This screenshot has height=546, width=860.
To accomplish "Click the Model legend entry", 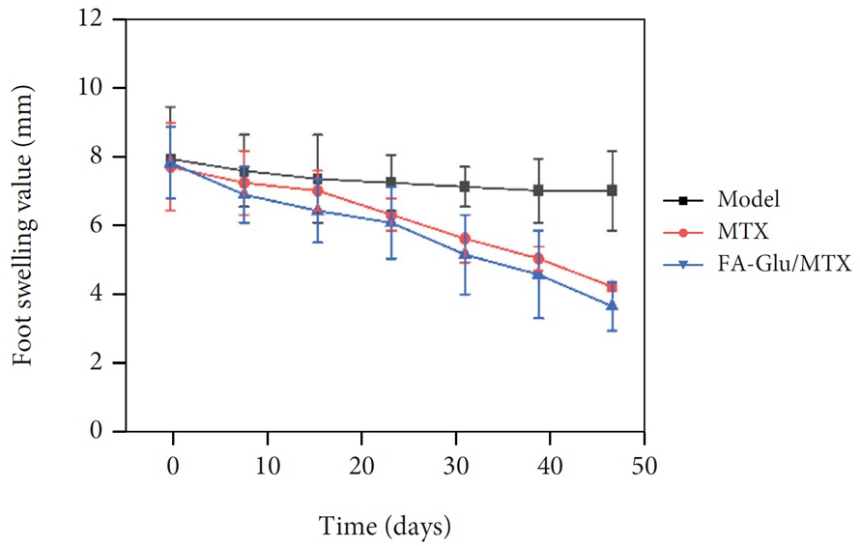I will click(x=749, y=200).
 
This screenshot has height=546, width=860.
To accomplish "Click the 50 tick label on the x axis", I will click(x=645, y=464).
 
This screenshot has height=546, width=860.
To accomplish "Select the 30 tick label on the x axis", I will click(x=456, y=464).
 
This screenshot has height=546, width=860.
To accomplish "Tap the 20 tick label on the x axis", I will click(x=361, y=464).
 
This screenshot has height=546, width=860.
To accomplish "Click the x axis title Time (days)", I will click(x=386, y=527).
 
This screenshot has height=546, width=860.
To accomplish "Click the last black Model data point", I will click(x=613, y=190).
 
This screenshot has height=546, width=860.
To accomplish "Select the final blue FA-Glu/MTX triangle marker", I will click(x=613, y=305).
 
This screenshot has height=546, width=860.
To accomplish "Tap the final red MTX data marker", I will click(x=613, y=287).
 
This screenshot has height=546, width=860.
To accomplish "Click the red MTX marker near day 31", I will click(x=465, y=238).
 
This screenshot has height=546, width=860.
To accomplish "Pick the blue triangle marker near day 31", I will click(x=465, y=254).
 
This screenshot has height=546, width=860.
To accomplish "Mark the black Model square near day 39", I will click(x=538, y=190).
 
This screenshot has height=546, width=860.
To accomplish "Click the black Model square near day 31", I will click(x=465, y=187).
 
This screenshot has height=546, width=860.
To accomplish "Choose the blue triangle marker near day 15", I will click(x=318, y=211).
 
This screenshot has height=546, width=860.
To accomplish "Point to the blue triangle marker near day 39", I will click(x=538, y=274).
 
